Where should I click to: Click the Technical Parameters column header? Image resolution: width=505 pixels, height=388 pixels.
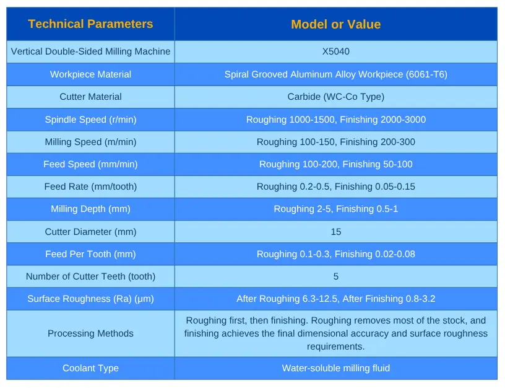pos(90,24)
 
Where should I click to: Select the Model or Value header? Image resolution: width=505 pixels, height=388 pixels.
pos(335,24)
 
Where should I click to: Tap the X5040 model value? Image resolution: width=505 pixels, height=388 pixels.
pos(335,51)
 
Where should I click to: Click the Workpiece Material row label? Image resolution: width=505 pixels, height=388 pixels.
pos(90,74)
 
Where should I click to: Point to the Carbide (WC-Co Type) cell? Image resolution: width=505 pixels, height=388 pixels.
pos(335,97)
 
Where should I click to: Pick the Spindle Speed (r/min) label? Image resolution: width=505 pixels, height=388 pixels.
pos(90,120)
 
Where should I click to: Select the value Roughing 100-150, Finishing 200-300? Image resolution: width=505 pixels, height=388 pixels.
pos(335,142)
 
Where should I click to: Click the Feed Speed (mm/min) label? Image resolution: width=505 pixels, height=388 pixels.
pos(90,164)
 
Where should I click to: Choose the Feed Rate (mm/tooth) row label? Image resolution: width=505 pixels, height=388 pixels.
pos(90,187)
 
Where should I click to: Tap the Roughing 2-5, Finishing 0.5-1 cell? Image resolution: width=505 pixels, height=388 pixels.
pos(335,209)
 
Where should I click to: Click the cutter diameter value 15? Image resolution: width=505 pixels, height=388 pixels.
pos(335,232)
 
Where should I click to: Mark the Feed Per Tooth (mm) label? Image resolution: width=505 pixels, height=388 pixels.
pos(90,254)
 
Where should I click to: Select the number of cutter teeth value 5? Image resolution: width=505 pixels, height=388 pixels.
pos(335,276)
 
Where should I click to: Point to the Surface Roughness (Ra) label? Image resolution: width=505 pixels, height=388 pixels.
pos(90,299)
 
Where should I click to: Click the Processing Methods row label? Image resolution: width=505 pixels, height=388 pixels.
pos(90,333)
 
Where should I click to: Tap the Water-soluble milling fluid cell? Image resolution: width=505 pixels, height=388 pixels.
pos(335,368)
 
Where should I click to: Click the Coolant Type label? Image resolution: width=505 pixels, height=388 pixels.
pos(90,368)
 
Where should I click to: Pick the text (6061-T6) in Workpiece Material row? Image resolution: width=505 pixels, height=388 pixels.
pos(426,74)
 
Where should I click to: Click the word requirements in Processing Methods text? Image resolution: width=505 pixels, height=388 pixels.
pos(335,346)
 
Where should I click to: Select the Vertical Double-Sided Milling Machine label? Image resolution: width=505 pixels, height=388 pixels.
pos(90,51)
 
